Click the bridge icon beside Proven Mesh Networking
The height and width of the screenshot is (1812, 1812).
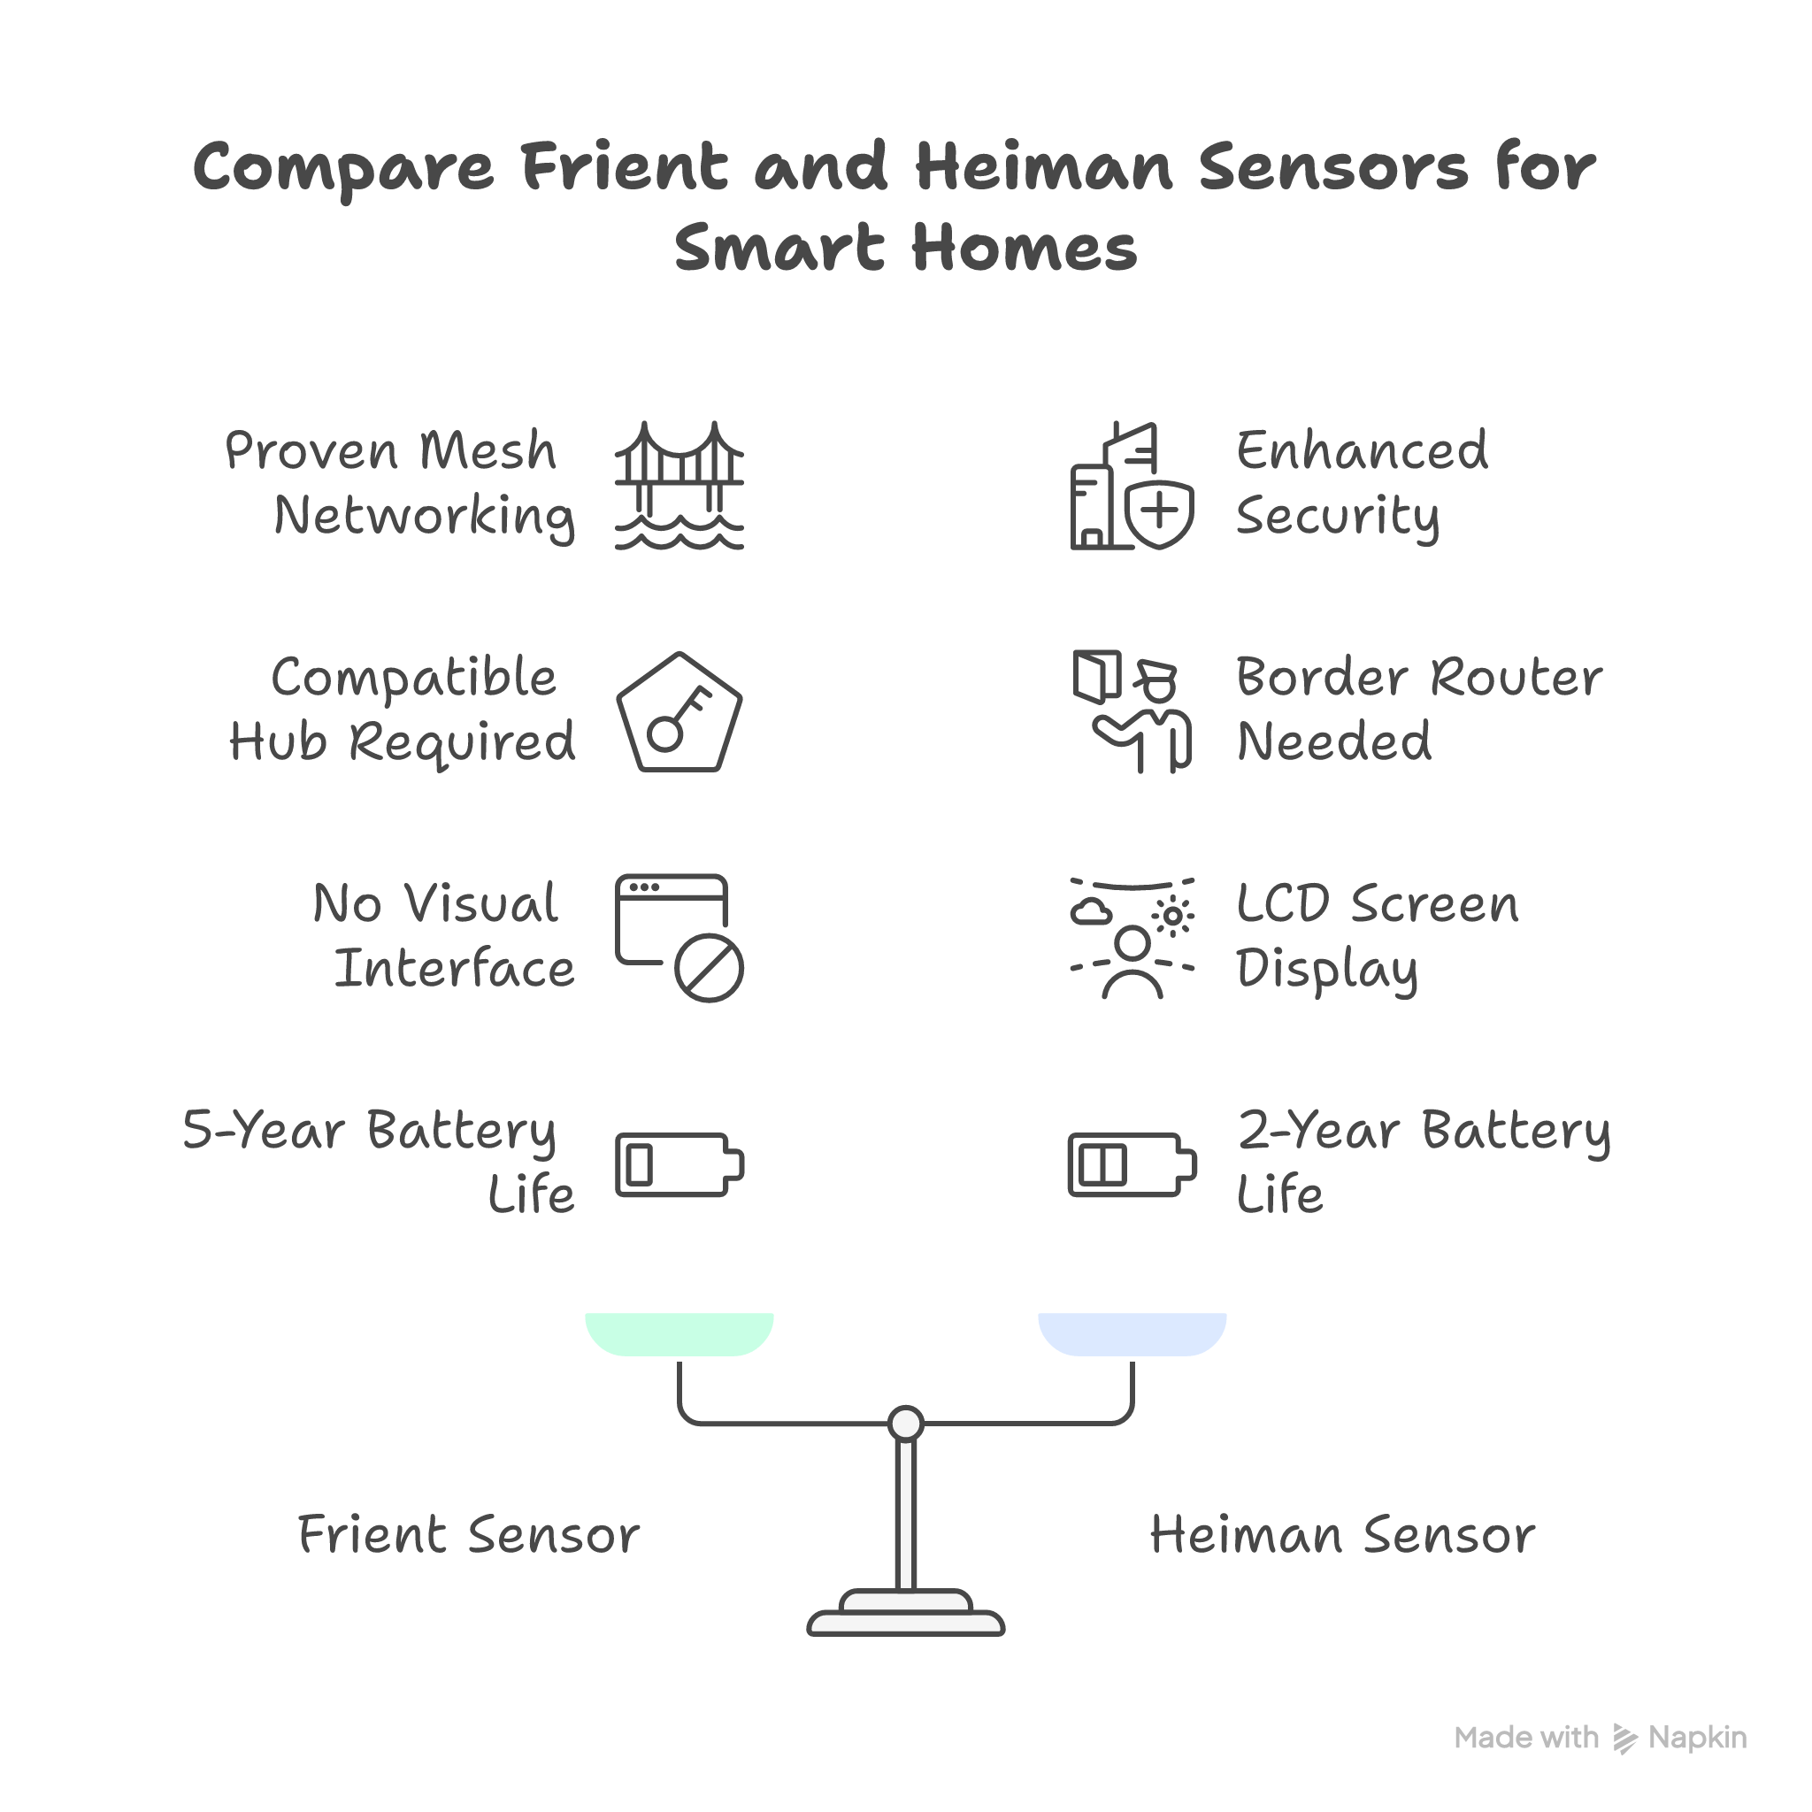[x=679, y=485]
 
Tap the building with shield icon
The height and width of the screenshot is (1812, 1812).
[x=1132, y=485]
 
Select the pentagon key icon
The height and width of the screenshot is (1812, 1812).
[x=679, y=713]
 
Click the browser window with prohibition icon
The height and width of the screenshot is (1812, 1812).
[x=679, y=938]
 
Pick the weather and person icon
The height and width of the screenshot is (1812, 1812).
[x=1132, y=938]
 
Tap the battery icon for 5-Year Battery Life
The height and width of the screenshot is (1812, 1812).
[x=679, y=1165]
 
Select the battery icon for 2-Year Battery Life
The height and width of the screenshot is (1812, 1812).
[x=1132, y=1165]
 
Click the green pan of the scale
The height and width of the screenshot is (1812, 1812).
[x=679, y=1332]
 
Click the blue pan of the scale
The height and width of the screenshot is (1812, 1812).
[x=1132, y=1332]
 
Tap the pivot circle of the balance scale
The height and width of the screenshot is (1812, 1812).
[x=906, y=1424]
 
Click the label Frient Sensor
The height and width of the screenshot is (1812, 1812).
[x=469, y=1535]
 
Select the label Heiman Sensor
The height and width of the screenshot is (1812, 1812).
[x=1342, y=1535]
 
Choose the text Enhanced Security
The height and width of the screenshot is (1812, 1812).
[x=1361, y=483]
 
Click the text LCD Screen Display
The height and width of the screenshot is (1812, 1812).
[x=1377, y=936]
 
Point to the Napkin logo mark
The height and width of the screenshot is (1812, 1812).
[x=1624, y=1738]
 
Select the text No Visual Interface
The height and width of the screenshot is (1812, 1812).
[x=443, y=936]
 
